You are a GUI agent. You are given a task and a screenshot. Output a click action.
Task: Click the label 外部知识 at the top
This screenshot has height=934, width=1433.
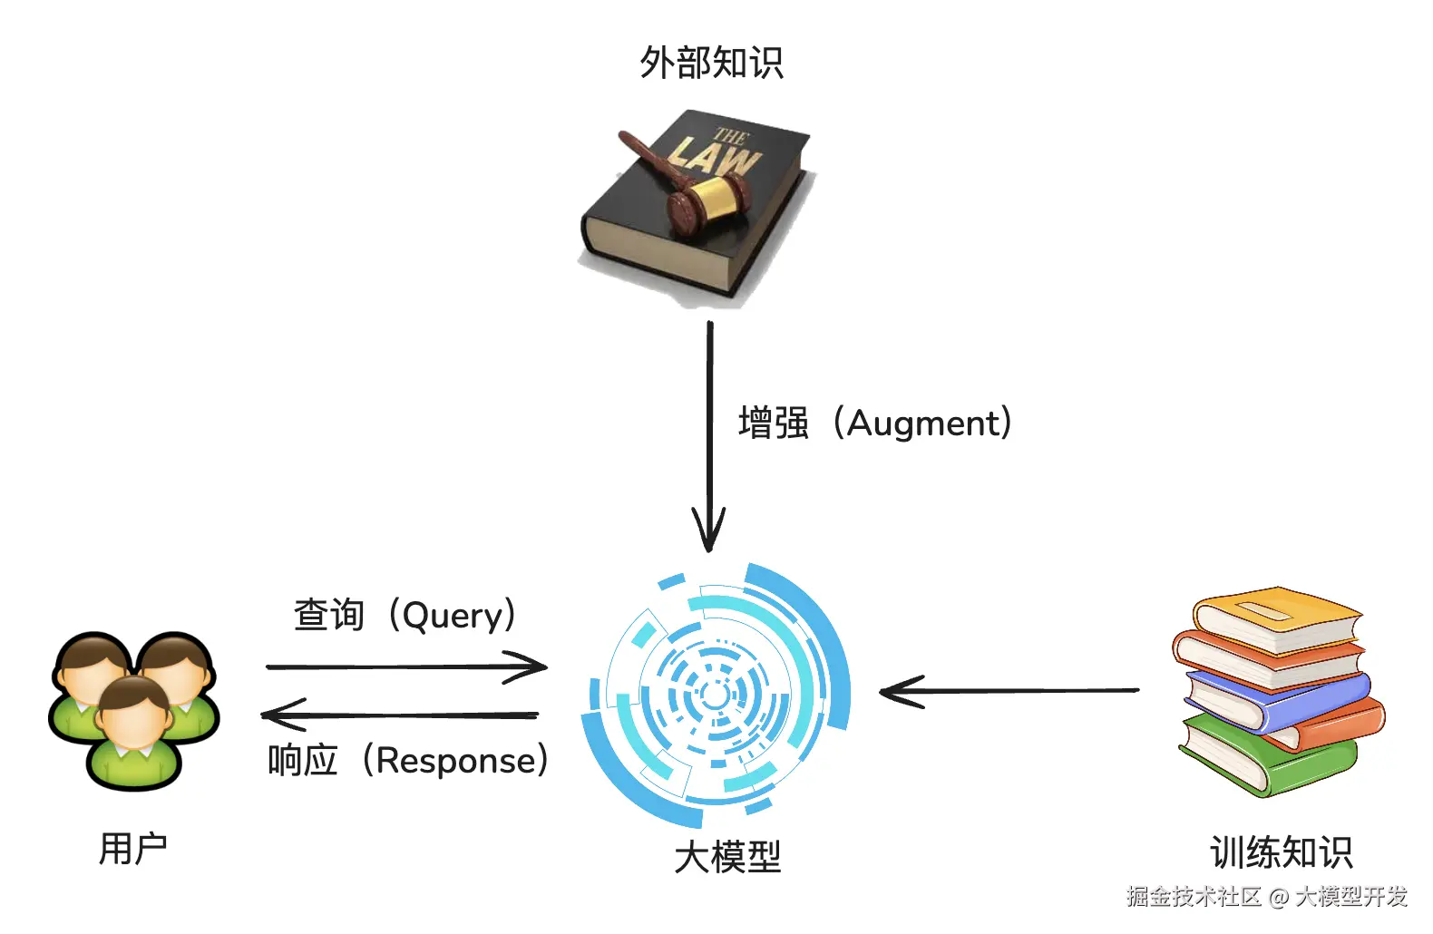point(711,63)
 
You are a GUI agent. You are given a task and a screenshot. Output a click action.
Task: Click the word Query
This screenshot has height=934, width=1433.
point(452,616)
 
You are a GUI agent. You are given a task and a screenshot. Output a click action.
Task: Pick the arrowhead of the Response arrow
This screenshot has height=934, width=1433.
point(272,715)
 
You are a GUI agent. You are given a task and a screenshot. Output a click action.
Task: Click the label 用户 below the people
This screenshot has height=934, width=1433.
point(132,849)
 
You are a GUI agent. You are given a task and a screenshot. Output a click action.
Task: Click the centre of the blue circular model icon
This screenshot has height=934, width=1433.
point(715,696)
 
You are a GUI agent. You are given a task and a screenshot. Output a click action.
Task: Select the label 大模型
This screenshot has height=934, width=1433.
point(727,857)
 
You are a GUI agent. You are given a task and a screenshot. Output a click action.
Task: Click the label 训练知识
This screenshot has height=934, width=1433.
point(1281,852)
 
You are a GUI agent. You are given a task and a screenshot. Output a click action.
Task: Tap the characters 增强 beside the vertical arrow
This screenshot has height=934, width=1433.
point(773,423)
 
